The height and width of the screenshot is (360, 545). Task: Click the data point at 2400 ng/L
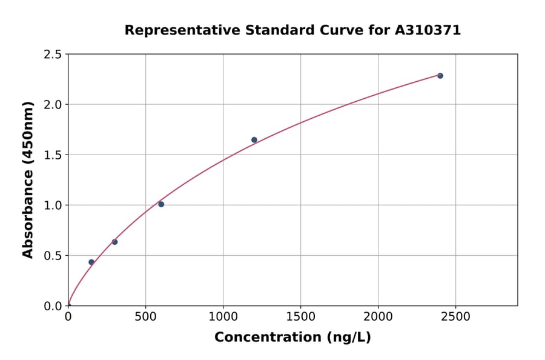[x=440, y=76]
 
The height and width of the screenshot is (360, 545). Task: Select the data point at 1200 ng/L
[x=254, y=140]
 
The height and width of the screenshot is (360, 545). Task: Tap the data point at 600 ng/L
[x=161, y=204]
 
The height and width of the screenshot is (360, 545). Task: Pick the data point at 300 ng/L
[x=114, y=242]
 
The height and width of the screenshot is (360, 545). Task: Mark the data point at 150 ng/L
[x=91, y=262]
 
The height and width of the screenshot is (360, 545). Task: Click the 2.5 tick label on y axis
[x=53, y=55]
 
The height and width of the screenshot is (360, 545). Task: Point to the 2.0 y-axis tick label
[x=53, y=105]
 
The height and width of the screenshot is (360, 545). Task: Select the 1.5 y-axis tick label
[x=53, y=155]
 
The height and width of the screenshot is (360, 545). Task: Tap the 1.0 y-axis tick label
[x=53, y=205]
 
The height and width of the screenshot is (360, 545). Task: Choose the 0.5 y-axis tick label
[x=53, y=256]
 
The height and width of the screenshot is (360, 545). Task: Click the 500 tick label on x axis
[x=145, y=316]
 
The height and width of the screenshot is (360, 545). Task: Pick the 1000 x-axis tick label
[x=223, y=316]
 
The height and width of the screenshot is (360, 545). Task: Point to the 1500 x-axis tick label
[x=300, y=316]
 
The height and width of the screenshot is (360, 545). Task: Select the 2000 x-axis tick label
[x=378, y=316]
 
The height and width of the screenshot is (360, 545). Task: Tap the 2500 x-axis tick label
[x=455, y=316]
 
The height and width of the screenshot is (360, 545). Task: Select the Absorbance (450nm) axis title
[x=28, y=179]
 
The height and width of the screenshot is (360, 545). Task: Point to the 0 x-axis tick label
[x=68, y=316]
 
